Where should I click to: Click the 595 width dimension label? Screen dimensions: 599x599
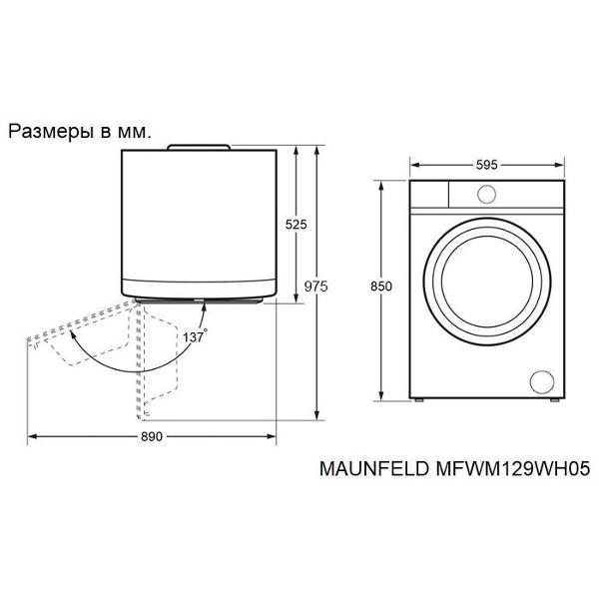coord(487,165)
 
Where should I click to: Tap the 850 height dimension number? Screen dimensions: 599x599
coord(381,287)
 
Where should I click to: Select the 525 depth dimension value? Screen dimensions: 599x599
coord(297,225)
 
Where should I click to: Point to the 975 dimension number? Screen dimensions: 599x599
coord(315,287)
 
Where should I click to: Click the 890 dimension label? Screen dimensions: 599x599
coord(152,436)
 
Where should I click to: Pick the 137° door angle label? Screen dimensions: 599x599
coord(196,336)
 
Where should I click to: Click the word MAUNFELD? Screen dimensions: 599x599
coord(374,468)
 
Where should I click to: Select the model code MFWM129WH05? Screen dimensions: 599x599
coord(513,468)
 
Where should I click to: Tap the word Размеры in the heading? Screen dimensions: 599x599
coord(51,132)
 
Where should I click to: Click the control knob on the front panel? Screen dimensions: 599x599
coord(487,194)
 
